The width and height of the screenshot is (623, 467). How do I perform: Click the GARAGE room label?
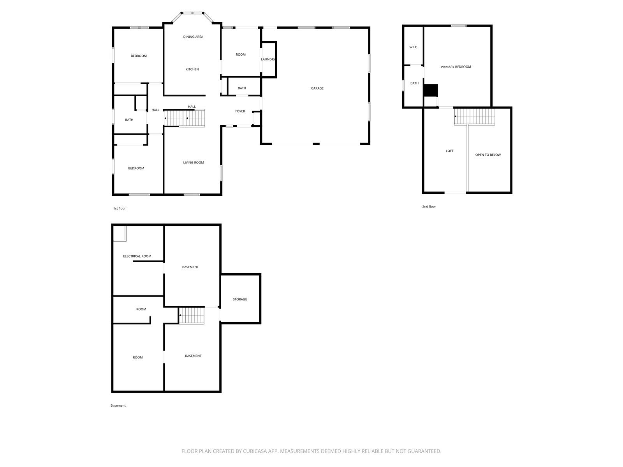click(317, 88)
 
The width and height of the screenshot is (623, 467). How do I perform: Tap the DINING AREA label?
click(193, 37)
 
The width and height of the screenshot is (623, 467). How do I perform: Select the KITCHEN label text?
click(192, 69)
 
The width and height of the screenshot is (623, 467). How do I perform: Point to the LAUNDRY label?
click(268, 59)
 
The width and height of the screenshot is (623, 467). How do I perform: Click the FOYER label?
click(240, 111)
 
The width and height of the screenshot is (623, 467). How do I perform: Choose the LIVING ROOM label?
click(193, 162)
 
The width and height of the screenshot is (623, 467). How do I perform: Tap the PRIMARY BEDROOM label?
click(456, 67)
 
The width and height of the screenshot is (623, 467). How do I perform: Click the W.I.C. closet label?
click(414, 47)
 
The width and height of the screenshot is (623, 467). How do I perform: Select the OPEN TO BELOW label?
click(488, 155)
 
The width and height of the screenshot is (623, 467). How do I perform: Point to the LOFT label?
click(450, 151)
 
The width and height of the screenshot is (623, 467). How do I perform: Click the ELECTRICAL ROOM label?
click(137, 256)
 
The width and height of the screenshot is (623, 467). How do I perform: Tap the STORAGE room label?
click(240, 299)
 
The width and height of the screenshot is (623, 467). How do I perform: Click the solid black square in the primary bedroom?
click(431, 90)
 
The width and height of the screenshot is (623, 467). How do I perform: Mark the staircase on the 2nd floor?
click(475, 116)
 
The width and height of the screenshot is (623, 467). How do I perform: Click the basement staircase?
click(191, 315)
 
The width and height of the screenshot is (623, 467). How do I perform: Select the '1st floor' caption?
click(120, 209)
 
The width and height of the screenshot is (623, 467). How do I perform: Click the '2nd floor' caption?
click(429, 207)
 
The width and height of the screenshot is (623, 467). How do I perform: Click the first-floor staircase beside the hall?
click(185, 118)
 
